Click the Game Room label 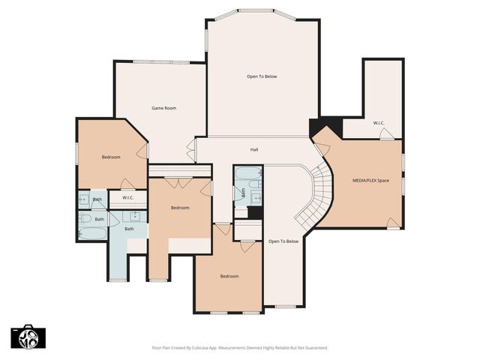point(163,108)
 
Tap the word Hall point(254,150)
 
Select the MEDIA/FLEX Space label point(370,181)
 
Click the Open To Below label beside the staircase point(283,241)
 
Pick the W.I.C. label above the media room point(379,122)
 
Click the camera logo point(29,337)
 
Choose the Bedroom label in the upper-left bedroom point(111,157)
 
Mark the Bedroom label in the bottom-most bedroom point(229,277)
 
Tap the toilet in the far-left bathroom point(85,219)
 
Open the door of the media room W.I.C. point(385,134)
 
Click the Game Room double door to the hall point(190,150)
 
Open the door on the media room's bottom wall point(392,223)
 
